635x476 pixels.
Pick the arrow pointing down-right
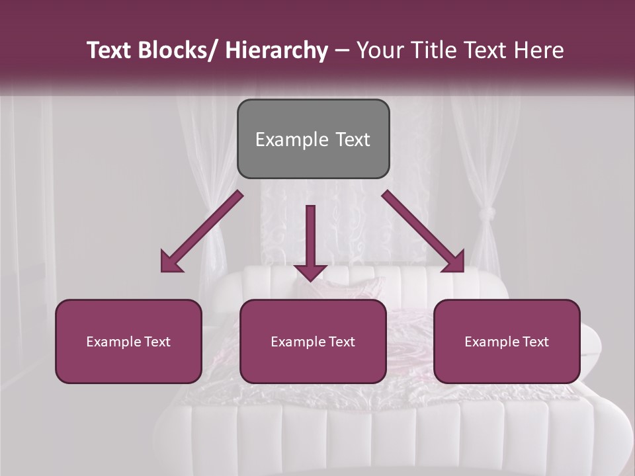point(423,231)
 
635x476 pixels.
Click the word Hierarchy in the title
point(276,50)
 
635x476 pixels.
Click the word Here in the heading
point(538,50)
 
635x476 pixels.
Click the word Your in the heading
point(379,50)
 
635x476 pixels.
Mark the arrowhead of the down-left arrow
point(171,262)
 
